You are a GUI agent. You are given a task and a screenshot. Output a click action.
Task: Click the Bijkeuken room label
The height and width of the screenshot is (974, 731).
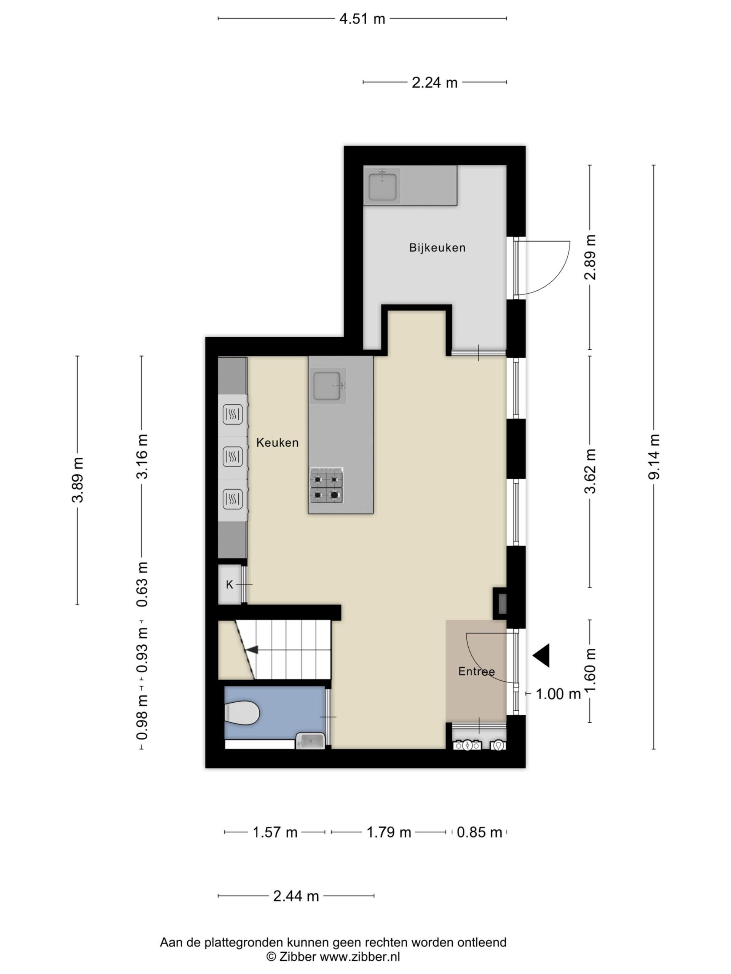click(x=437, y=247)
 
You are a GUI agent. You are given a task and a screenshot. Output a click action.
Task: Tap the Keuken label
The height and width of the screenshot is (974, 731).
click(x=277, y=442)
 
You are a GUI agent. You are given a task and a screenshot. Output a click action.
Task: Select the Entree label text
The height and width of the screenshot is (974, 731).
click(x=476, y=672)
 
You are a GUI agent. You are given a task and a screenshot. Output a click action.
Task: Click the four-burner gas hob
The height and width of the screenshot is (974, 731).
click(x=327, y=485)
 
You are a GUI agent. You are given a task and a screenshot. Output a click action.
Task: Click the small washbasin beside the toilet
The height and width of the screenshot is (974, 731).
click(x=310, y=741)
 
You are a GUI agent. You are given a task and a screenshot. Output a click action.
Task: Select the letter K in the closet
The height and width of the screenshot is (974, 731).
click(x=229, y=585)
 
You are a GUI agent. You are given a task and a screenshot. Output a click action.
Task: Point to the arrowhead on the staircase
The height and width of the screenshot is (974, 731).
click(x=252, y=649)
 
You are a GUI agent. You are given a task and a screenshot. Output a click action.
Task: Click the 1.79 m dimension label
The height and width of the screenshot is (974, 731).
click(x=389, y=832)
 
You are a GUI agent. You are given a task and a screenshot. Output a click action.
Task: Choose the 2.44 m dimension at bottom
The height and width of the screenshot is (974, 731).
click(x=296, y=896)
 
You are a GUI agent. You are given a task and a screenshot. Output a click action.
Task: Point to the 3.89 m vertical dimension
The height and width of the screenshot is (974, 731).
click(x=78, y=480)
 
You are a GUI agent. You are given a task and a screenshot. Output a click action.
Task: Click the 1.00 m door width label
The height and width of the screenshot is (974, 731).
click(x=558, y=694)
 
